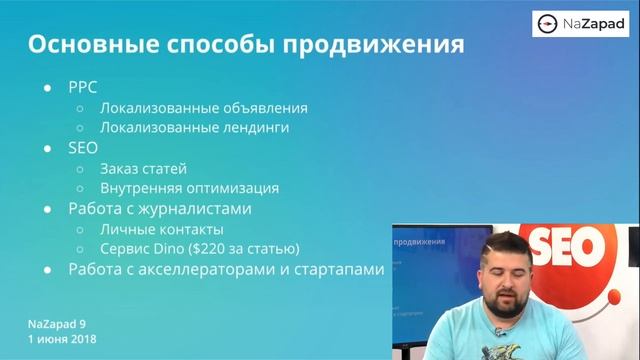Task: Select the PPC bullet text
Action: [x=83, y=87]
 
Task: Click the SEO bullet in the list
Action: [x=83, y=147]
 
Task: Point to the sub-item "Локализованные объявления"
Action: [x=203, y=107]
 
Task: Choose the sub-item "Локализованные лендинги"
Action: [x=195, y=127]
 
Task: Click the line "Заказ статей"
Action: [x=143, y=168]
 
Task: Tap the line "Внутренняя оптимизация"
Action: [x=189, y=188]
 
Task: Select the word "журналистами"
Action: [x=201, y=209]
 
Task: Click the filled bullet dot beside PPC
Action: [x=47, y=88]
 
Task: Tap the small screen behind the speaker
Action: [x=421, y=270]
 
